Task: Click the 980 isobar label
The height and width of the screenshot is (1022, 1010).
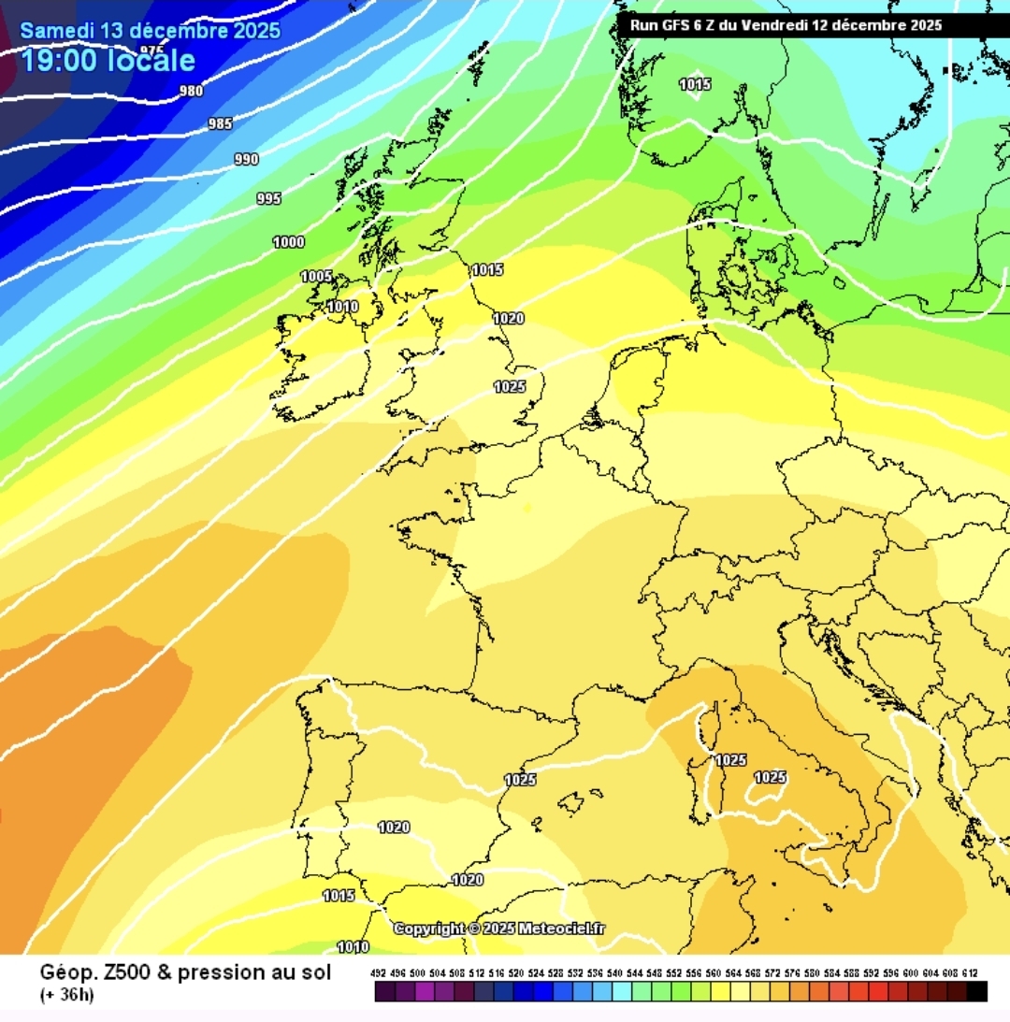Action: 192,91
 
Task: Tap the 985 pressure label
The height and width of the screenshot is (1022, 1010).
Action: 221,123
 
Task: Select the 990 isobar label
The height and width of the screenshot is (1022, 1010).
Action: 246,160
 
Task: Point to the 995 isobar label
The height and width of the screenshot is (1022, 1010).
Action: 268,198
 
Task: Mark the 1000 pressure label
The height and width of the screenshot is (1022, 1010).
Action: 288,242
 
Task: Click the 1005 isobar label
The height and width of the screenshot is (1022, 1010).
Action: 316,277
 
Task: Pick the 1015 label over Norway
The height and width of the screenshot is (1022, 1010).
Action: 695,85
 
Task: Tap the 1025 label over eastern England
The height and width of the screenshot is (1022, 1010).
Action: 510,387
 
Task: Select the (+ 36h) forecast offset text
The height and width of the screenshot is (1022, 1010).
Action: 66,994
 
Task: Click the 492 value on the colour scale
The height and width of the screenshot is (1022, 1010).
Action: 379,973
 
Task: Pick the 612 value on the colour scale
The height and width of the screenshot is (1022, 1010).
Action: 976,973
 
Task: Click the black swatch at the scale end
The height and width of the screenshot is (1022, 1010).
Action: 977,991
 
